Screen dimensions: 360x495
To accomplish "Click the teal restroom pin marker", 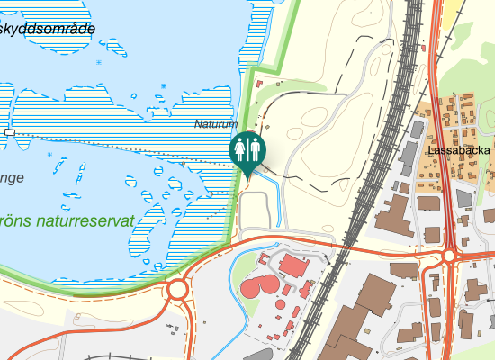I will (x=247, y=149).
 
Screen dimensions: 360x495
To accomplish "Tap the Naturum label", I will (x=216, y=124).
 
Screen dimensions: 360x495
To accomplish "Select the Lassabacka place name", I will (x=459, y=149).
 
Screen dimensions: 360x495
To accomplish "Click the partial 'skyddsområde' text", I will (x=48, y=29).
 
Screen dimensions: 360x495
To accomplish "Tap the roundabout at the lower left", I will (x=176, y=290).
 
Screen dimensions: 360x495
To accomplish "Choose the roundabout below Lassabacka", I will (x=449, y=256).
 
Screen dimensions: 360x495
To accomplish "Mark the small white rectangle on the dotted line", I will (x=10, y=132).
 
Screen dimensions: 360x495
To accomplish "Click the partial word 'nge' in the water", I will (x=12, y=178).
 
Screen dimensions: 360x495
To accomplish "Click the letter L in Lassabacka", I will (x=433, y=149).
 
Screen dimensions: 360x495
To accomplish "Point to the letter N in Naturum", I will (x=198, y=124).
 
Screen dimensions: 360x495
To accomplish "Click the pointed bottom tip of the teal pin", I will (x=247, y=176).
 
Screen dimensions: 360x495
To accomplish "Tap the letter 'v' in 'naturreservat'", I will (x=112, y=221).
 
